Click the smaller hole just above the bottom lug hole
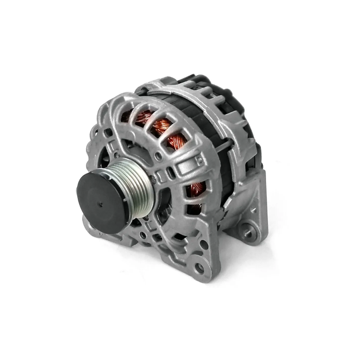click(203, 245)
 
